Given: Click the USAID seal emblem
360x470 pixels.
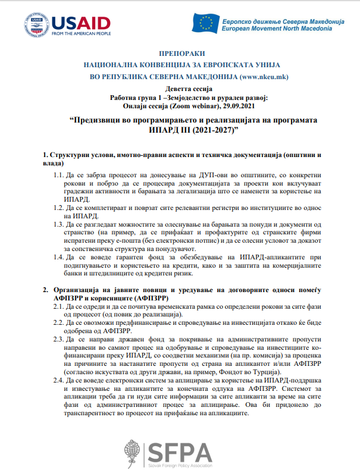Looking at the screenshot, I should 36,24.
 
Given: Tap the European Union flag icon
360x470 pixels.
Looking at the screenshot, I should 206,22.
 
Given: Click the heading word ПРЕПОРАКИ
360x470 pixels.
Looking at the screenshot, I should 179,52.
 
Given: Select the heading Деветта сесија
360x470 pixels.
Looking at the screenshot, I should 179,87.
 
